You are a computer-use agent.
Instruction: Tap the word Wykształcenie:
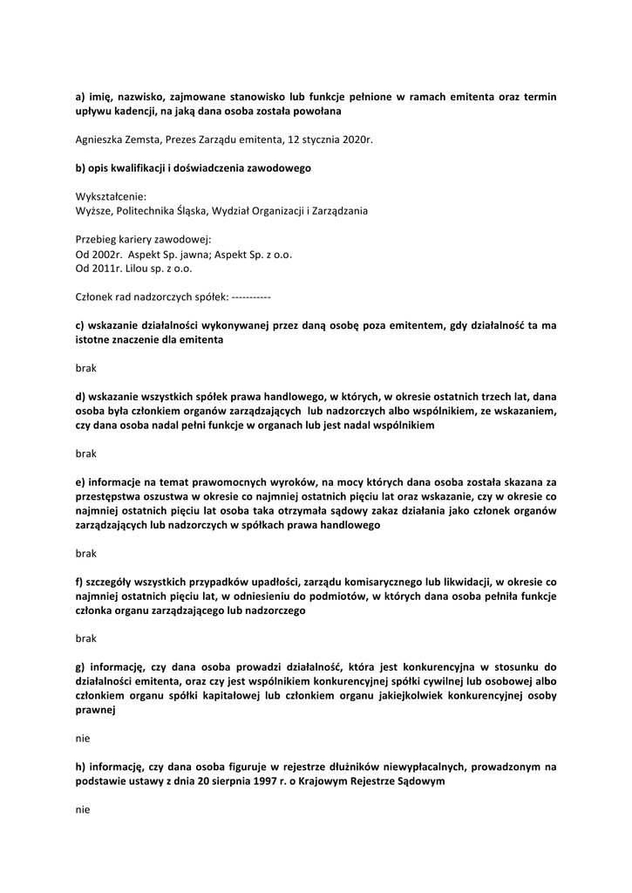[x=112, y=196]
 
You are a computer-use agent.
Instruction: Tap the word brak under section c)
[x=86, y=368]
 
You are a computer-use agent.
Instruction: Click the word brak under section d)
[x=86, y=453]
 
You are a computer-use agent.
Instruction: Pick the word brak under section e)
[x=86, y=553]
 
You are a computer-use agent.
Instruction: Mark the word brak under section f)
[x=86, y=638]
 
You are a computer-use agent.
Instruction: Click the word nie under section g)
[x=83, y=738]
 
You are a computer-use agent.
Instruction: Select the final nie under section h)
[x=83, y=809]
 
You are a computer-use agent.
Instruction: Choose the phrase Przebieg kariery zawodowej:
[x=144, y=240]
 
